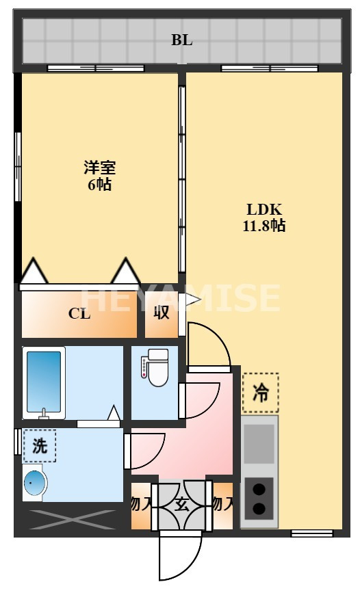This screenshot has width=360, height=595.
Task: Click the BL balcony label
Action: click(181, 40)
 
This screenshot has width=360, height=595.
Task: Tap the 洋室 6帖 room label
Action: click(99, 176)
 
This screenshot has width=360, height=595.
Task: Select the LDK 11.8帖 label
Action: click(263, 217)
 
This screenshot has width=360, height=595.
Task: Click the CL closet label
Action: click(79, 314)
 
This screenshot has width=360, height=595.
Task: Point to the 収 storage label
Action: click(161, 314)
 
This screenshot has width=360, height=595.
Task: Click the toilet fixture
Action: click(156, 364)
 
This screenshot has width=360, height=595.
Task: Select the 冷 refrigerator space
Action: click(261, 393)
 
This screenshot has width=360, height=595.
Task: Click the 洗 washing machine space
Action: click(40, 446)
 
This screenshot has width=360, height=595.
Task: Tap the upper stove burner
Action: click(259, 489)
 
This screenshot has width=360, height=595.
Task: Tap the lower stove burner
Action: click(259, 508)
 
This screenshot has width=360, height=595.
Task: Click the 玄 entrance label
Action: click(182, 505)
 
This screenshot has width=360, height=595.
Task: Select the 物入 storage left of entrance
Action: click(140, 505)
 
